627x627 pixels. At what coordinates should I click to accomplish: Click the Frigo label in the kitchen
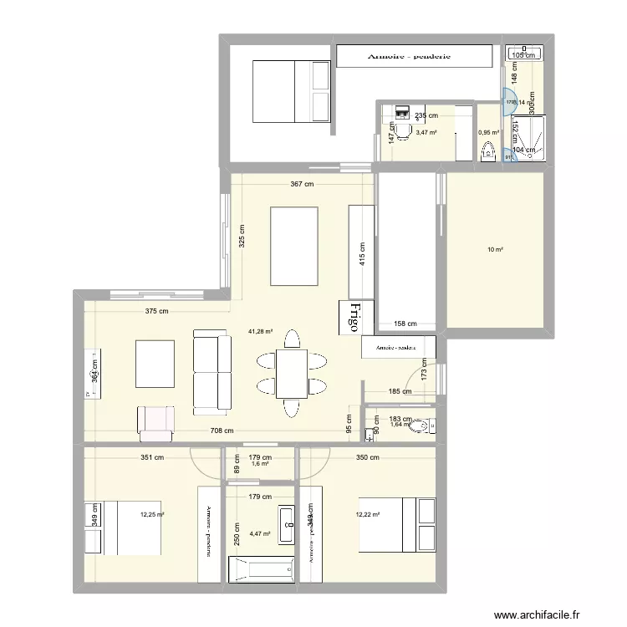point(351,317)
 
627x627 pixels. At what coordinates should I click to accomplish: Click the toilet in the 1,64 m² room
point(422,427)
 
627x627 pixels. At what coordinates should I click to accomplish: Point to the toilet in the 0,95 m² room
point(488,151)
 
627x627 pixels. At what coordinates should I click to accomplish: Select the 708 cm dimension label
point(221,431)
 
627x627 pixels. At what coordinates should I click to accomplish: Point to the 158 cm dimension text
point(405,324)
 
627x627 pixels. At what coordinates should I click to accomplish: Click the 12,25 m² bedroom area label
point(152,515)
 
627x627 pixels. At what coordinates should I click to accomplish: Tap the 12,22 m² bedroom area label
point(368,515)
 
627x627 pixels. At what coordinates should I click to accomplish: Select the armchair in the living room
point(156,422)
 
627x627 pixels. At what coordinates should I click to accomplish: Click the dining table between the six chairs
point(291,373)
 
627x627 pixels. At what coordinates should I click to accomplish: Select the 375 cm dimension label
point(156,312)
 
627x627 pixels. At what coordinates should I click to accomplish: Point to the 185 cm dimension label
point(400,390)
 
